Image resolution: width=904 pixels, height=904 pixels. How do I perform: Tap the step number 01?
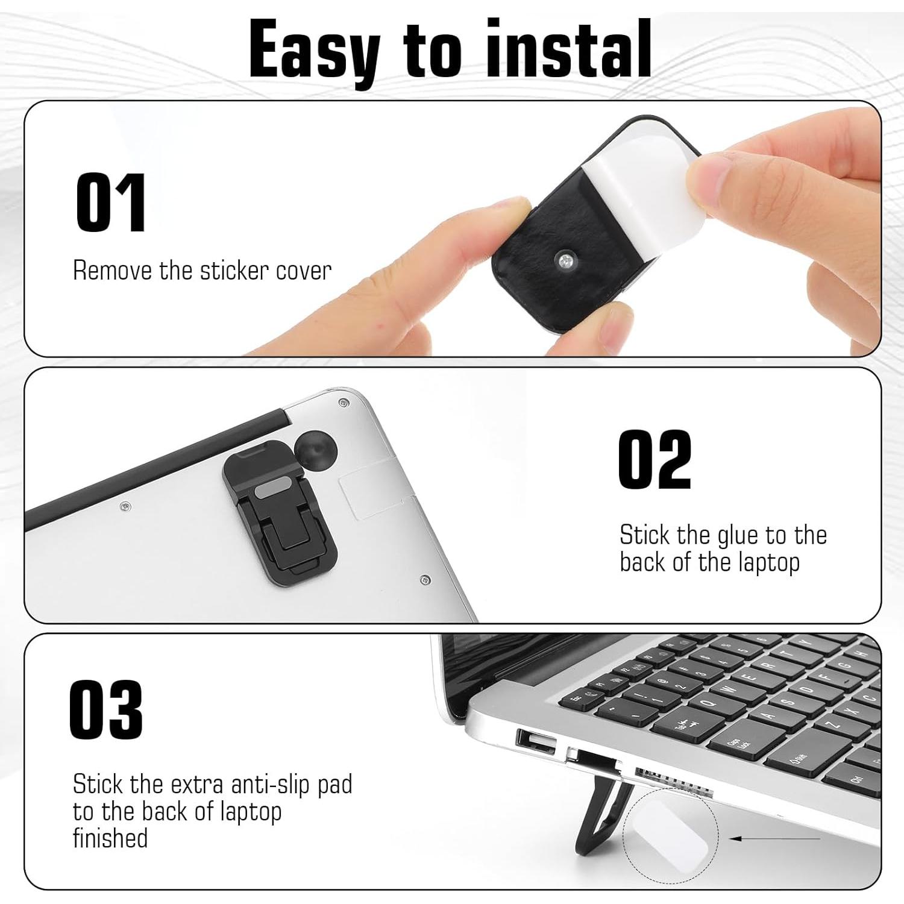coord(111,202)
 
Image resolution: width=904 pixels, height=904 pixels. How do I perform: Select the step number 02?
coord(654,459)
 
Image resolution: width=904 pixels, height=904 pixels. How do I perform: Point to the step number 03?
coord(106,709)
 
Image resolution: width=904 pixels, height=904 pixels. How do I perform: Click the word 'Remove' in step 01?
coord(112,271)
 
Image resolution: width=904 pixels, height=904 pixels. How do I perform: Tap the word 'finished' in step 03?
coord(110,838)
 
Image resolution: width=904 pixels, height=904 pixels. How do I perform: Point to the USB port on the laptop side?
coord(536,742)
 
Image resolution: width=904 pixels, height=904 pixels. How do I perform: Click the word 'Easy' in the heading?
coord(314,49)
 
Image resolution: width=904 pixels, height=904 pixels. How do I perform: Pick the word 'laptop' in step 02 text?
coord(769,563)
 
